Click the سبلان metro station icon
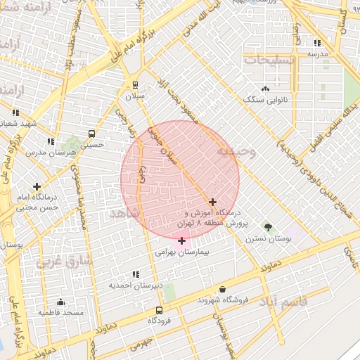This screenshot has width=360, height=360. coord(136,85)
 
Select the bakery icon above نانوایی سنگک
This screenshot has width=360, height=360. coord(265,89)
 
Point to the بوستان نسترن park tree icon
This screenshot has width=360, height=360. coord(267,226)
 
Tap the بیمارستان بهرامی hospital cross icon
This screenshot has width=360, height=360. coord(182,241)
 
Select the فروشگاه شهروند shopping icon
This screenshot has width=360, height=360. coord(223,289)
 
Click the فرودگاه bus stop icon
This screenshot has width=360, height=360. coord(160,309)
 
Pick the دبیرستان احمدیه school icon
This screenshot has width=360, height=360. coord(135,275)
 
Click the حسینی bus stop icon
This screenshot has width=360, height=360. coord(91,134)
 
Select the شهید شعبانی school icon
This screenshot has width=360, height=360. coord(15,112)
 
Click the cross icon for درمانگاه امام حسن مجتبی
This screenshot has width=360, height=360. coord(37,186)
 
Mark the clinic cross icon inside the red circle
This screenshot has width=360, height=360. coord(213,202)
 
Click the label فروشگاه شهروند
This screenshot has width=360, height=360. coord(223,300)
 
